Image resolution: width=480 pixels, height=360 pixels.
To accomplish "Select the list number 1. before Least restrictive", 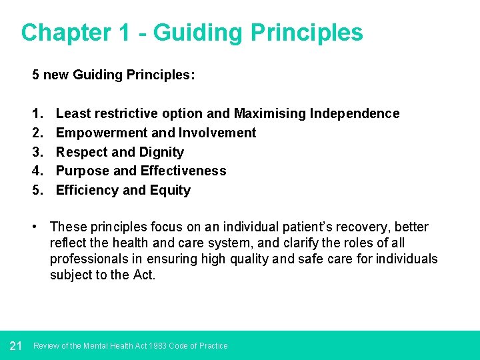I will coord(37,114).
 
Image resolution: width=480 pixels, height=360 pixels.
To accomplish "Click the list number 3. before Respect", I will coord(37,152).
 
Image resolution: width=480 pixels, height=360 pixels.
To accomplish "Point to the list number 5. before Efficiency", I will coord(37,191).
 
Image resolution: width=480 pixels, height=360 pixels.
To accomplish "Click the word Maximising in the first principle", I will coord(270,114).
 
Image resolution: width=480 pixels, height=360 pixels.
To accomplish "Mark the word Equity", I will coord(171,191).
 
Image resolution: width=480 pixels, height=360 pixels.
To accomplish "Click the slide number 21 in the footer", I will coord(17,345).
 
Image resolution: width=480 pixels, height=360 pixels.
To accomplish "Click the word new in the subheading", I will coord(55,75).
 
